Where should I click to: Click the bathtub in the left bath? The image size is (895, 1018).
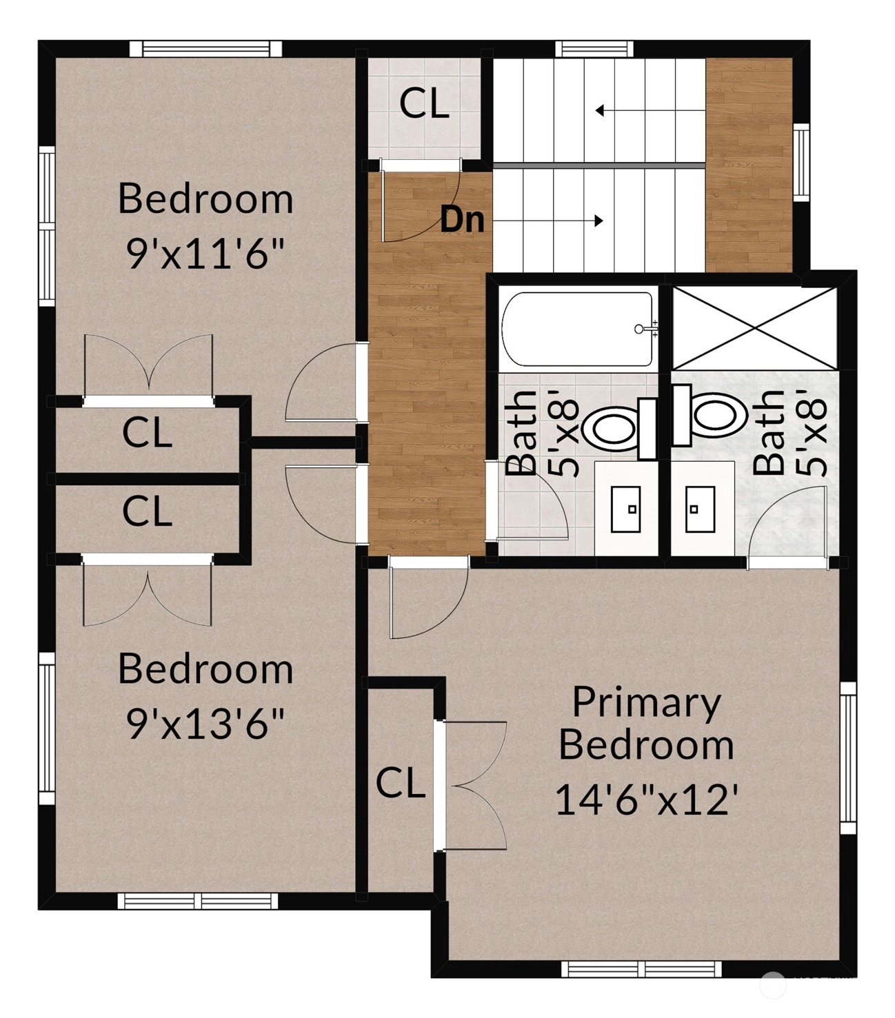[x=578, y=329]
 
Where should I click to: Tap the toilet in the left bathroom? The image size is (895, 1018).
[x=619, y=429]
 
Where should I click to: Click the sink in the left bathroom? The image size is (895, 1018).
[x=626, y=509]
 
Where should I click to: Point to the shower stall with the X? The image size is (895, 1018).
[x=755, y=329]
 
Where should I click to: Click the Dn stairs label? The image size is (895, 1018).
[x=463, y=220]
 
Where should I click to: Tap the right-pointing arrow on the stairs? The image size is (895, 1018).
[x=548, y=221]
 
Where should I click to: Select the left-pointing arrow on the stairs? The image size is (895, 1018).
[x=650, y=110]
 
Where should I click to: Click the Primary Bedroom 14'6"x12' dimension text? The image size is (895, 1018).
[x=647, y=799]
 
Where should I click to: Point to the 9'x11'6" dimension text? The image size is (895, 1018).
[x=205, y=253]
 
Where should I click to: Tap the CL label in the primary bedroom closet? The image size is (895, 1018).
[x=400, y=783]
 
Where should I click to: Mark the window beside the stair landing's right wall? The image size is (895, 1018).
[x=801, y=162]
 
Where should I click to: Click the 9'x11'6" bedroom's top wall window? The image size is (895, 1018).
[x=205, y=49]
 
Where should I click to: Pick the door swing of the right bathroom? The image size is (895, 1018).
[x=787, y=528]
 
